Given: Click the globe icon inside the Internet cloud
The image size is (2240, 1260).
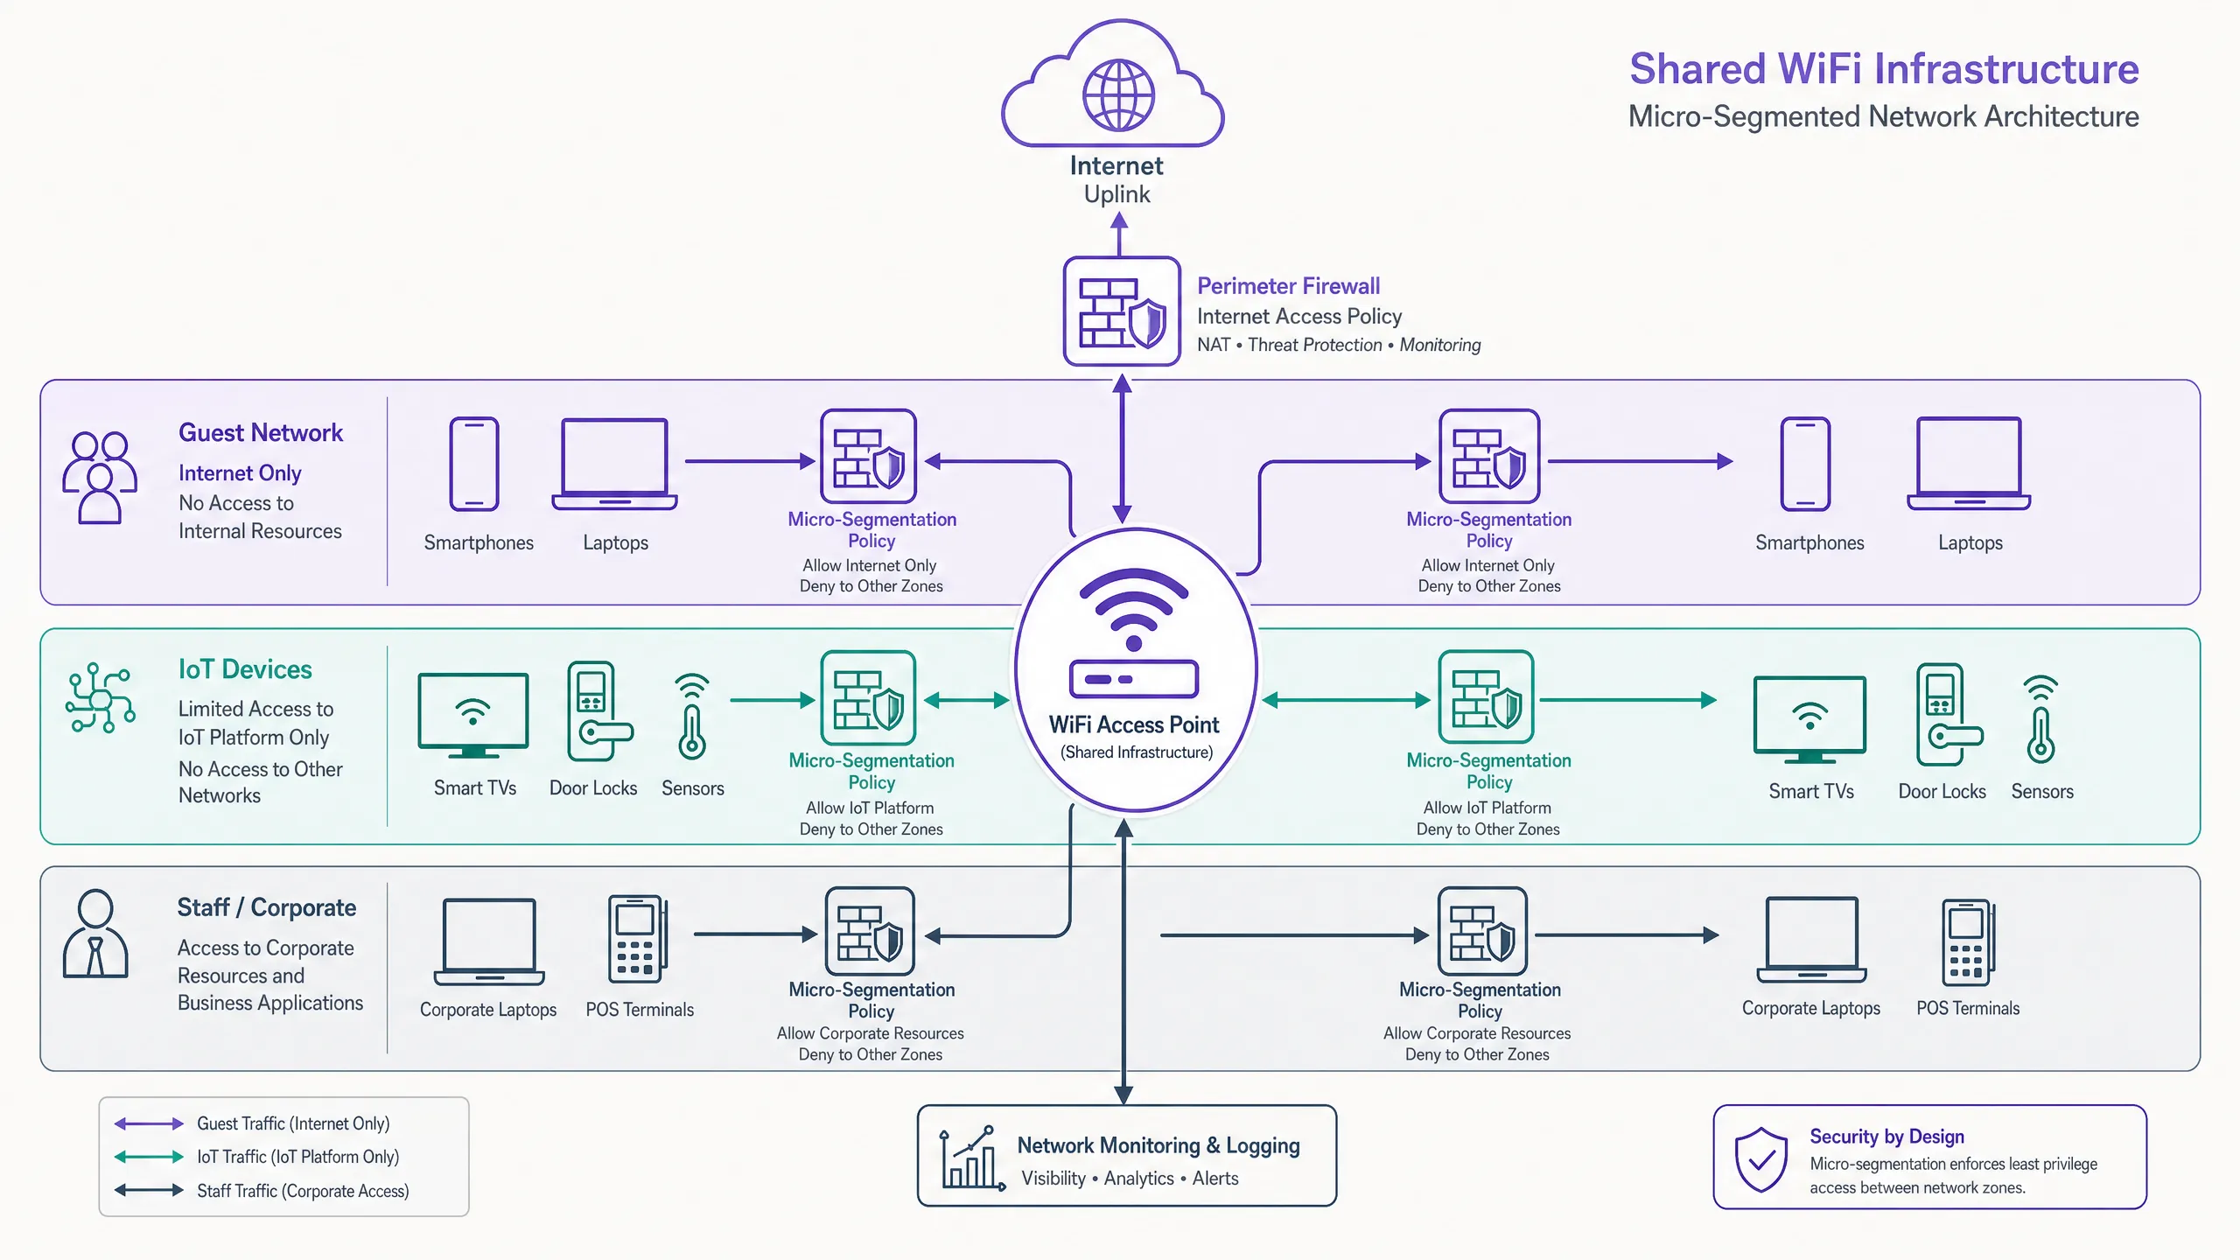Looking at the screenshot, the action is tap(1118, 94).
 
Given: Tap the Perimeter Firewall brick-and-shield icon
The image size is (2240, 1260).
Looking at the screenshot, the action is tap(1122, 311).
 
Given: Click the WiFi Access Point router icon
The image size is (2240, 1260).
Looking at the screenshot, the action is tap(1134, 633).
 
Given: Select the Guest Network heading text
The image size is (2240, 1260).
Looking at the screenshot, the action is tap(261, 433).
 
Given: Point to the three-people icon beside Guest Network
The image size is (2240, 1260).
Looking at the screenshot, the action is tap(100, 477).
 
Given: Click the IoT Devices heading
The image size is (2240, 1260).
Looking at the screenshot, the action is tap(245, 669).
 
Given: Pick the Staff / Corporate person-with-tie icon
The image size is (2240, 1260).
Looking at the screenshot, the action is tap(95, 934).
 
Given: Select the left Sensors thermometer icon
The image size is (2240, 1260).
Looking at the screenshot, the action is tap(692, 716).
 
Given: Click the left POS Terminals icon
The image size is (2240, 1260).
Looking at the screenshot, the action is tap(638, 939).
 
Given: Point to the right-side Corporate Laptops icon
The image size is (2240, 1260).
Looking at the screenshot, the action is tap(1811, 940).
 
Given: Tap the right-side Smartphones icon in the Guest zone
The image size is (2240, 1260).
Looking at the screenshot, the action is tap(1805, 464).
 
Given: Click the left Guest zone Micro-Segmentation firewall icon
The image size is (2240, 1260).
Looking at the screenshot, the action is tap(868, 456).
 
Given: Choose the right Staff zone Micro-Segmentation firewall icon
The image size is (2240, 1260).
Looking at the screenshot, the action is tap(1481, 932).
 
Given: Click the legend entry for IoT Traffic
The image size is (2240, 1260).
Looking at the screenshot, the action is tap(257, 1157).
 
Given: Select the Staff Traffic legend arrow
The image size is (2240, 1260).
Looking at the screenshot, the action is tap(149, 1190).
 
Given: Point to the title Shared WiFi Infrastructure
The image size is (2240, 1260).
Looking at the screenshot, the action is tap(1884, 69).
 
